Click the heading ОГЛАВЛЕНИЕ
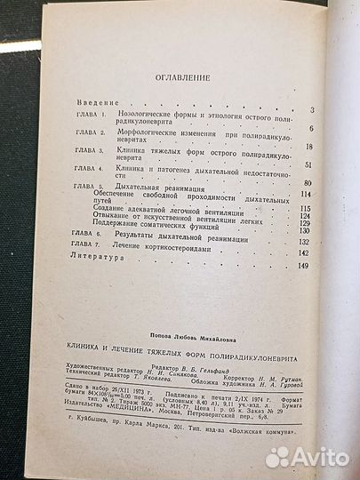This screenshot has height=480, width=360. tap(180, 77)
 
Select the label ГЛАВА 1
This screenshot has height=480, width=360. tap(87, 116)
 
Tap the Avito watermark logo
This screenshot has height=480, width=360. tap(307, 456)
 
